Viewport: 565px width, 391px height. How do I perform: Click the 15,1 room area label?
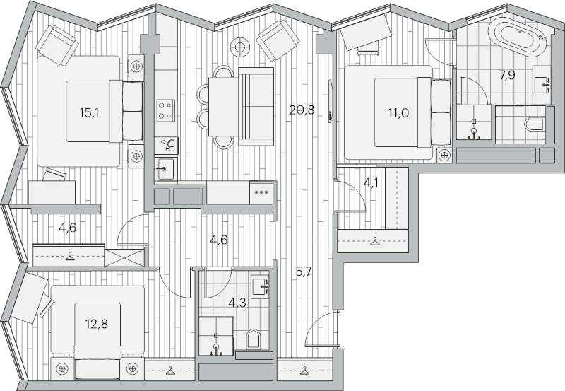(89, 113)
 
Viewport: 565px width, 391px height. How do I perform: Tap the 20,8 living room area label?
(302, 110)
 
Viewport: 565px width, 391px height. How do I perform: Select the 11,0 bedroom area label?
(398, 113)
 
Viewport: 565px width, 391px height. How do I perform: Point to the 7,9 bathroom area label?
(507, 76)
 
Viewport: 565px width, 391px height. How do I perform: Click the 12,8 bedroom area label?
(97, 324)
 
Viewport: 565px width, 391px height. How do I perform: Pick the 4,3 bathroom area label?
(237, 303)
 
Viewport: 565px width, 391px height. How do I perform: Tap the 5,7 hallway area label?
(304, 272)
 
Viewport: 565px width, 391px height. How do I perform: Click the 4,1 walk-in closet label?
(371, 183)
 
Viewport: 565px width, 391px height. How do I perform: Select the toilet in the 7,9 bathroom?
(535, 124)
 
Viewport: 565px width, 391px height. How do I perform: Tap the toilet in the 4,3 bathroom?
(254, 339)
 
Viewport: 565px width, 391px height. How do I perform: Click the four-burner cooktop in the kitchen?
(166, 111)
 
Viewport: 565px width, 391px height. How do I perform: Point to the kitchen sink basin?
(166, 169)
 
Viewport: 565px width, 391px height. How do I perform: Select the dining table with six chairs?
(223, 107)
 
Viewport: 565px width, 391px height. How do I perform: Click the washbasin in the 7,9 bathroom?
(542, 85)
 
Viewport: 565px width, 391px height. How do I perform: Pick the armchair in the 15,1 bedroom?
(57, 45)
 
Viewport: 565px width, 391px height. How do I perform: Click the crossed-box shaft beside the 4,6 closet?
(125, 257)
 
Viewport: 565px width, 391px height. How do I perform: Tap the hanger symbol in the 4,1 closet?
(375, 240)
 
